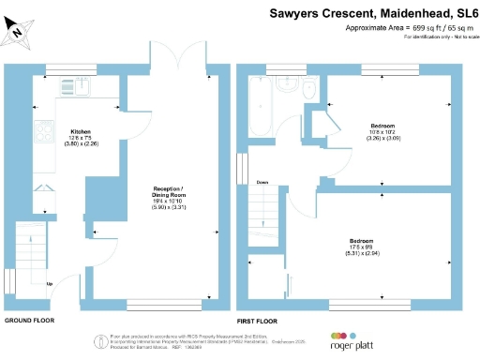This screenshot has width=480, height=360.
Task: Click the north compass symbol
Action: click(x=18, y=33)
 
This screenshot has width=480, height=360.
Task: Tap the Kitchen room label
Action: click(x=81, y=131)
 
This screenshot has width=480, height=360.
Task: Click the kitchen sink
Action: click(x=74, y=88)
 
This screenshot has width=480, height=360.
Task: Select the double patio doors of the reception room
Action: click(x=178, y=58)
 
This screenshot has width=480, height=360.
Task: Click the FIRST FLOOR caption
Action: click(x=257, y=321)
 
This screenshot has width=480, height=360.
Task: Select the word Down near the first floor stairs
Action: click(x=262, y=182)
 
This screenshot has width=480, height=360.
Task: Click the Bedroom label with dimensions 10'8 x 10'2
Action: click(x=382, y=126)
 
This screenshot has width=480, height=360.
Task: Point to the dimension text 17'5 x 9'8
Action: click(x=362, y=247)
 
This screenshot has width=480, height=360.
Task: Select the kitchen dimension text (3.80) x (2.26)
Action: click(x=80, y=143)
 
